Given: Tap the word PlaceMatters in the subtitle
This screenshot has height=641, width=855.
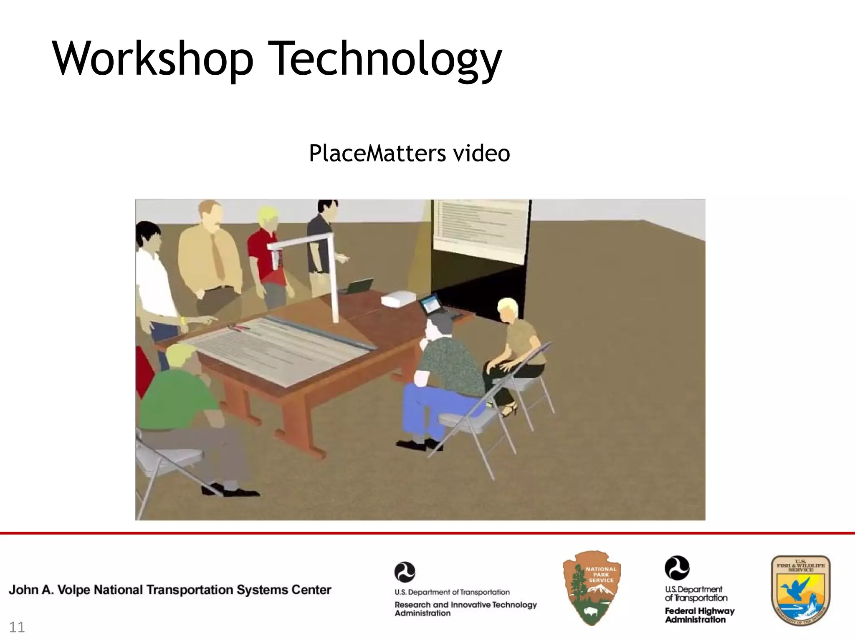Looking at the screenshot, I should (x=377, y=153).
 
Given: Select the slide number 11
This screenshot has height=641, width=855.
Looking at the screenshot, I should (x=17, y=627).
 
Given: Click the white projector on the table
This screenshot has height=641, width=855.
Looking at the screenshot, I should (x=399, y=298).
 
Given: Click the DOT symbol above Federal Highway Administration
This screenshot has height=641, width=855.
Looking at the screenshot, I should (x=677, y=568).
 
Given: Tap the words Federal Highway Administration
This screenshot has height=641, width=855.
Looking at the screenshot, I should (x=699, y=615).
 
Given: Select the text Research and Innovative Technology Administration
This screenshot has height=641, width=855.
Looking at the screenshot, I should (x=465, y=608).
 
